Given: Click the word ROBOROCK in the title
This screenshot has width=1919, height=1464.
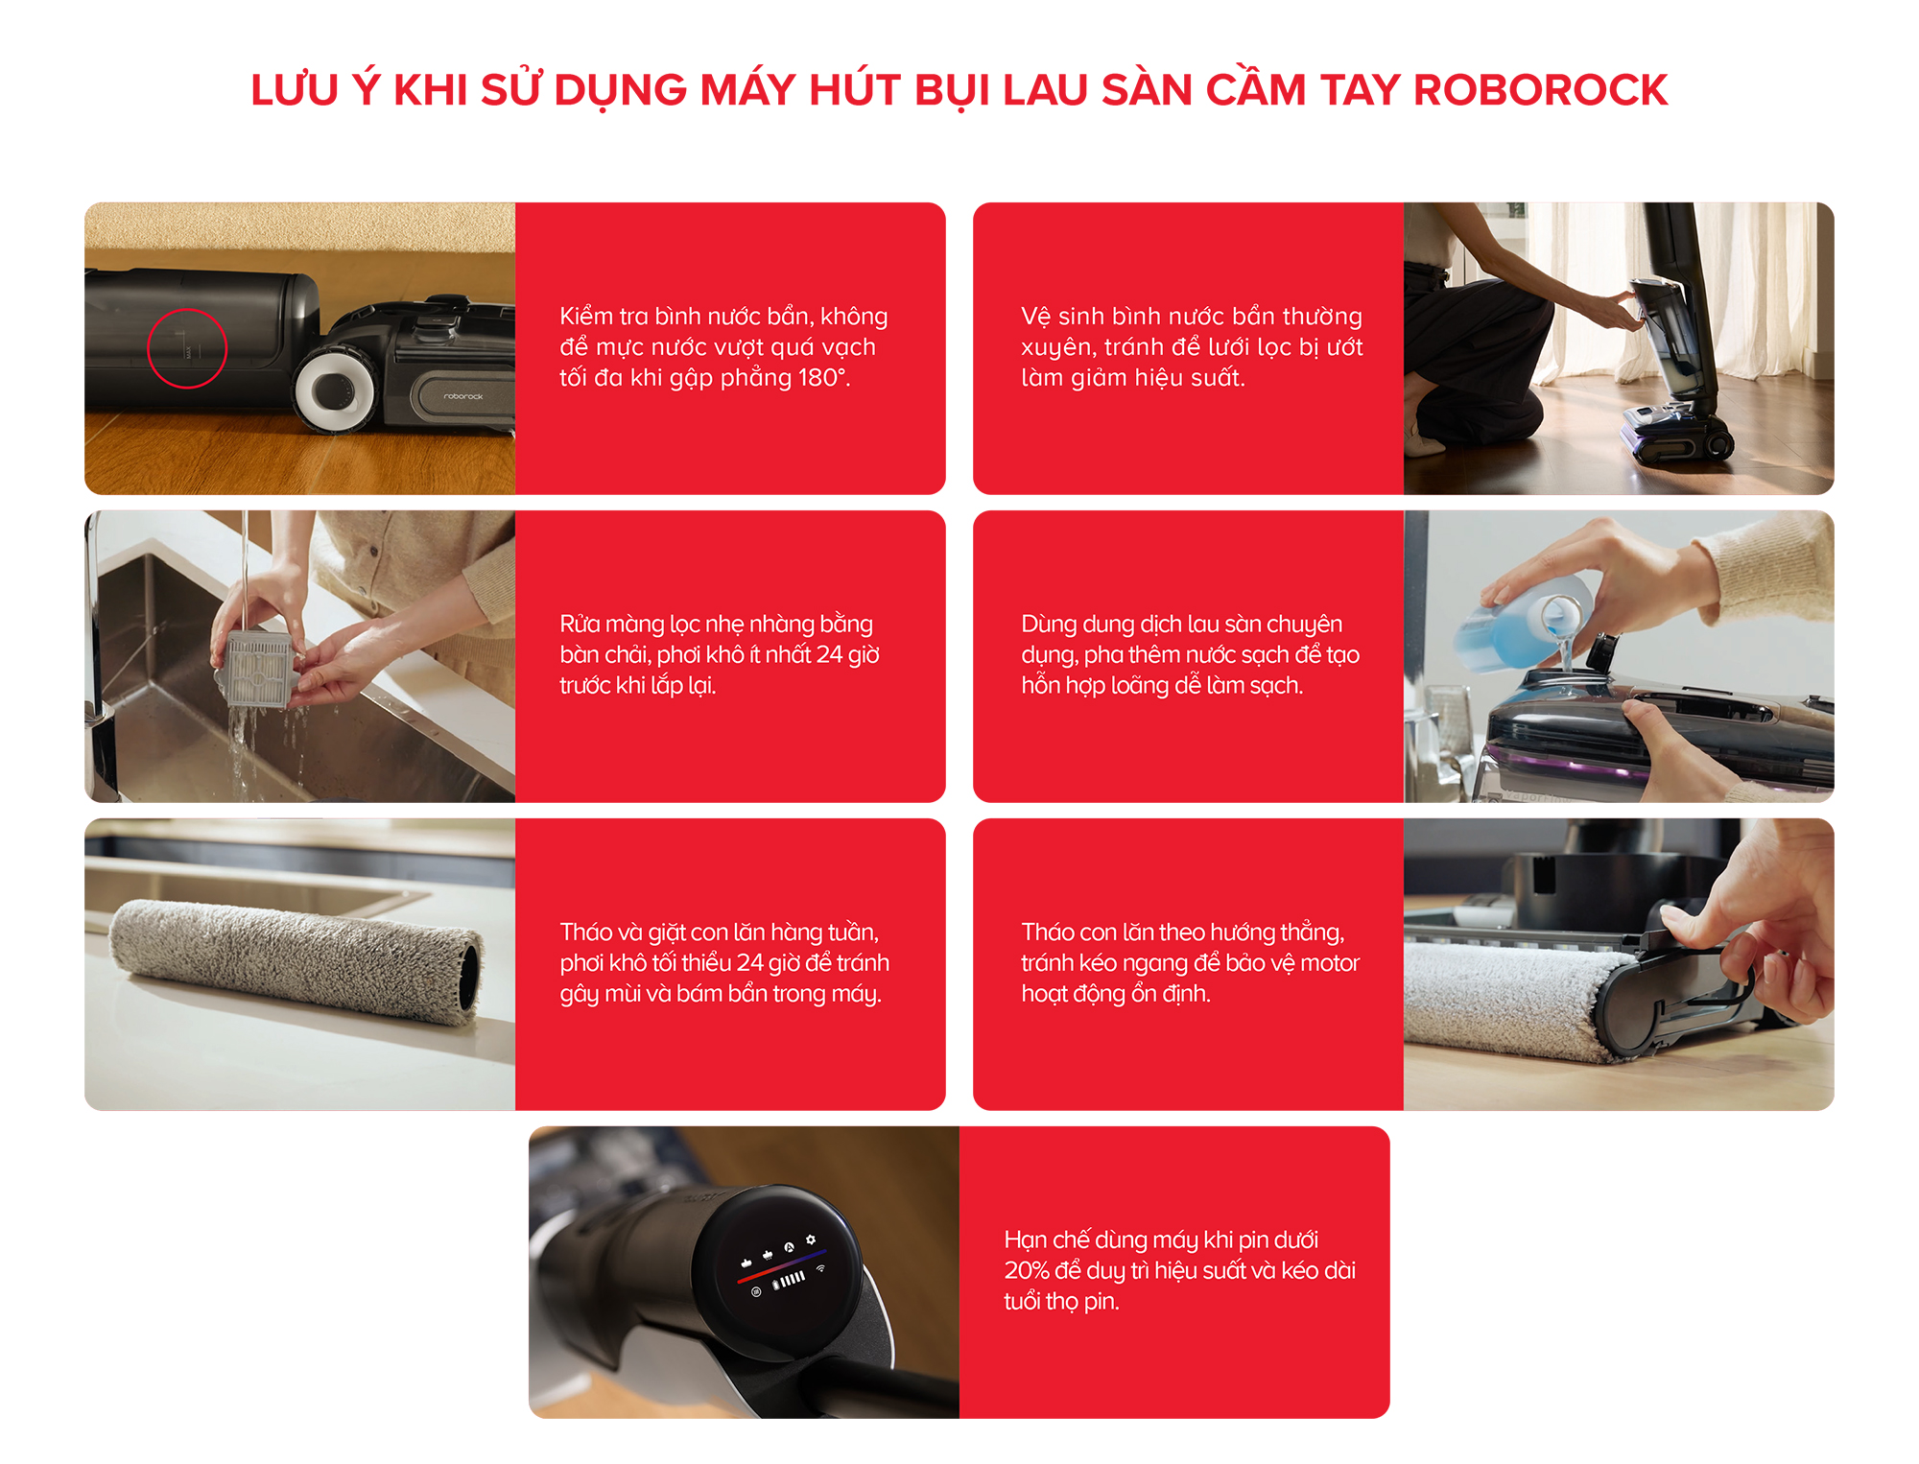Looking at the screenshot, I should click(1540, 90).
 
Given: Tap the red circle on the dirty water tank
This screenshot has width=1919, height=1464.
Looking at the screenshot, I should click(187, 348).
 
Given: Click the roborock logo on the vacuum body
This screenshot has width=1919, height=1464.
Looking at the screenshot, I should click(463, 396).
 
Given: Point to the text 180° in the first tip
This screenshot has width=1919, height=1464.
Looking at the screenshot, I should click(823, 377).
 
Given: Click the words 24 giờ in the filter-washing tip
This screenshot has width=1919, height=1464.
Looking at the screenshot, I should click(847, 654).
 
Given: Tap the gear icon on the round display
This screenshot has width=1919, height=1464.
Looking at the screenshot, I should click(811, 1240).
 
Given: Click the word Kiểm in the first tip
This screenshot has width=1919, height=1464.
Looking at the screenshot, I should click(587, 317).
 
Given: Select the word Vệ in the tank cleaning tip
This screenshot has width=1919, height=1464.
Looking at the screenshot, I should click(1035, 317).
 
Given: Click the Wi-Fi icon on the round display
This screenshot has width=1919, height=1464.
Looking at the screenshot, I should click(820, 1268).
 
